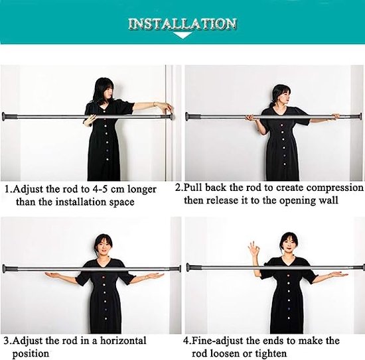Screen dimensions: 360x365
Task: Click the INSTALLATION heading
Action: click(x=182, y=24)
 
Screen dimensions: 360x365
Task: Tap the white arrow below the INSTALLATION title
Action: click(x=182, y=37)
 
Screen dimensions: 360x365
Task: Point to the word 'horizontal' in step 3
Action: click(x=127, y=341)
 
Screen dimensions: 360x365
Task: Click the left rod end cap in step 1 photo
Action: click(x=8, y=117)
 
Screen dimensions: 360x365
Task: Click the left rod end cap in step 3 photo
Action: click(x=8, y=269)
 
